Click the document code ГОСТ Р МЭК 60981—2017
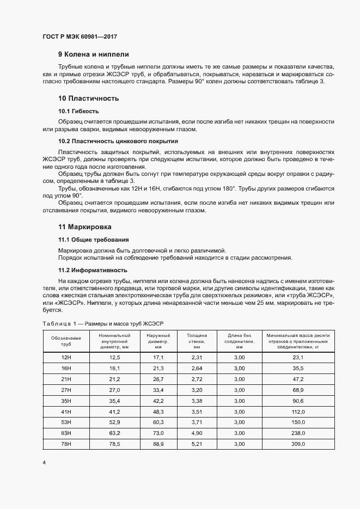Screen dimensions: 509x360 tap(80, 37)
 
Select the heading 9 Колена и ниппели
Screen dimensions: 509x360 tap(94, 54)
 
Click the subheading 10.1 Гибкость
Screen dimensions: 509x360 tap(78, 111)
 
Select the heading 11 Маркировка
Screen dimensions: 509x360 tap(87, 226)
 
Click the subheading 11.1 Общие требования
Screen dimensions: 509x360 tap(94, 240)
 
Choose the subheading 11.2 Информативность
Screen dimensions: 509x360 tap(93, 270)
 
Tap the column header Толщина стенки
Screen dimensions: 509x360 tap(197, 341)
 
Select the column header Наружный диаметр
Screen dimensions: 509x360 tap(158, 341)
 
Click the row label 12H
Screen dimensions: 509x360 tap(66, 358)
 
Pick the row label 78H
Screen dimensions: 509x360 tap(66, 445)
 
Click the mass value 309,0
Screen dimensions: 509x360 tap(297, 445)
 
